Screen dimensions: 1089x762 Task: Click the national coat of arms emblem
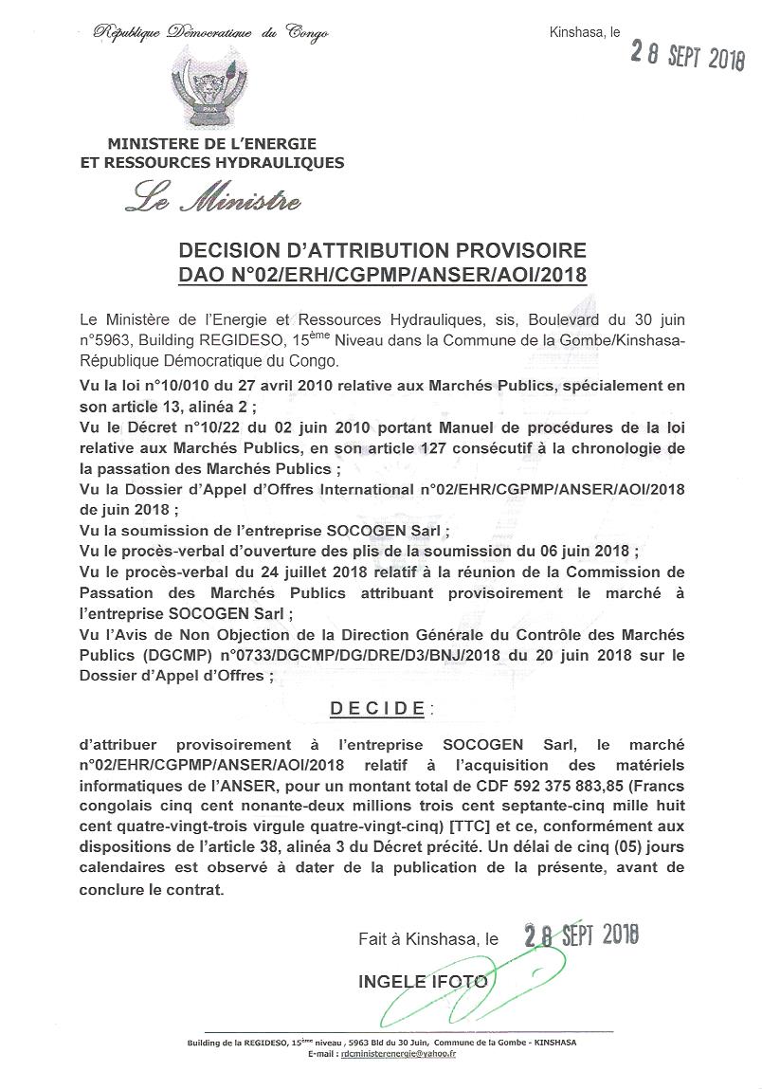[x=209, y=88]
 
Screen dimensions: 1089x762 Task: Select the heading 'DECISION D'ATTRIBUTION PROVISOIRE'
[x=382, y=251]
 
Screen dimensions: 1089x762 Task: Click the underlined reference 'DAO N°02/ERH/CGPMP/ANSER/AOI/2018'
[x=382, y=275]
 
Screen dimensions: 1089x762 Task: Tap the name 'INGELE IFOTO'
[x=423, y=981]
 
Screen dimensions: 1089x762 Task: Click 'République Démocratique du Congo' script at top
[x=210, y=33]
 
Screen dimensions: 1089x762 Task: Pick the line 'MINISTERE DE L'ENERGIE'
[x=212, y=145]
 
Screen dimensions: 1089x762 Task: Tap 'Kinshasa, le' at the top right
[x=585, y=32]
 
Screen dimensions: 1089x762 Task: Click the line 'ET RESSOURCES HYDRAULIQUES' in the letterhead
[x=212, y=163]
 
